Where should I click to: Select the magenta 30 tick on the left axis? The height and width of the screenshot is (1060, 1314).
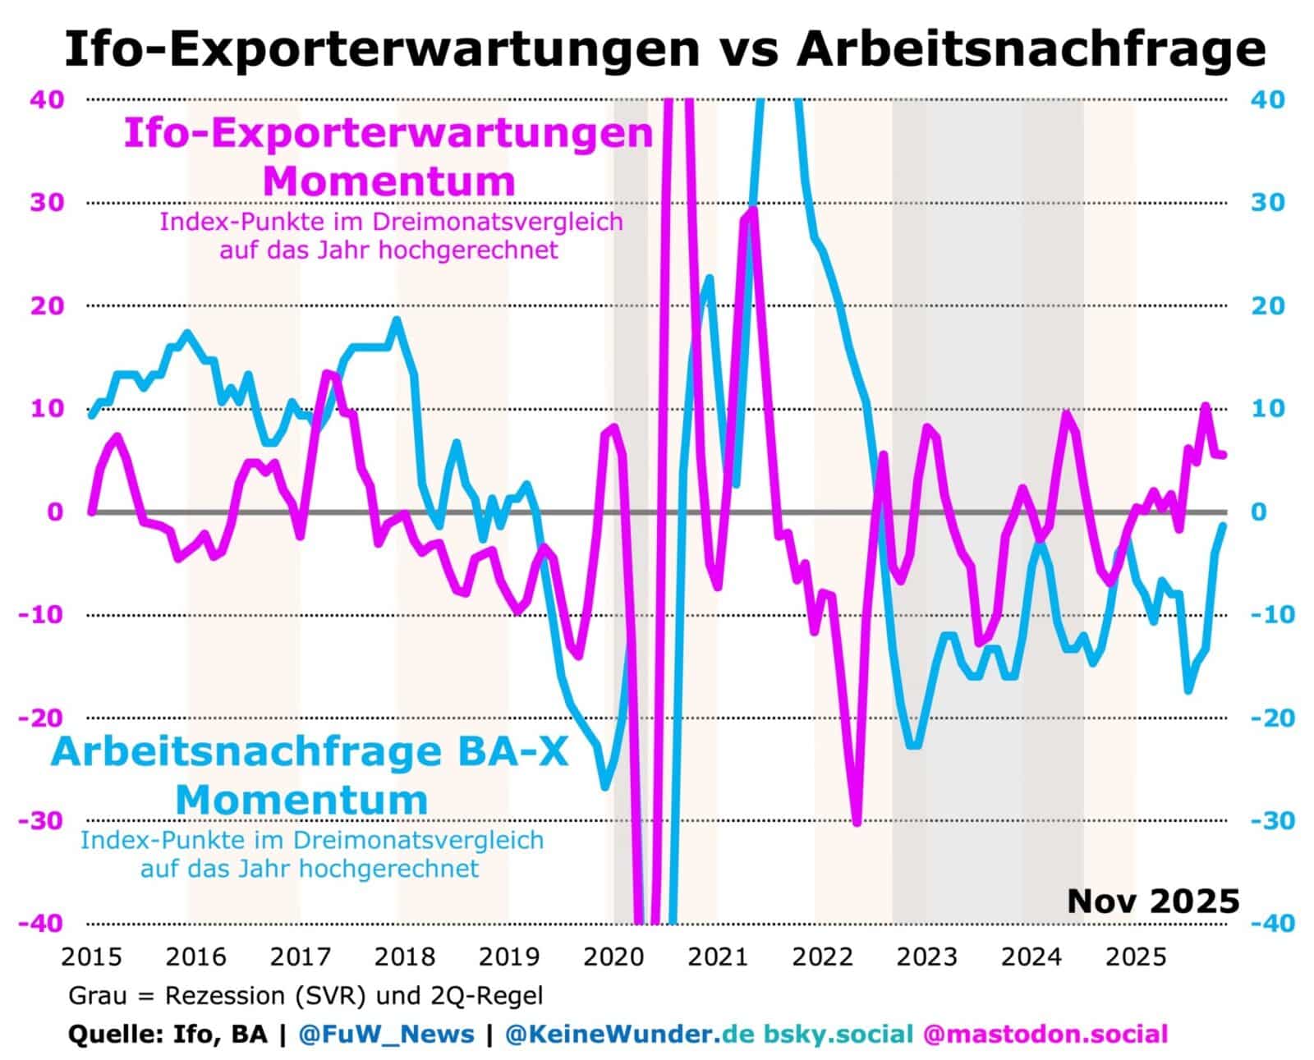[46, 202]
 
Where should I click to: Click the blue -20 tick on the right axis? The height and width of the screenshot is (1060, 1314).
[1272, 718]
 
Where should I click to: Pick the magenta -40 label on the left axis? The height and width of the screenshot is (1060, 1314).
[41, 923]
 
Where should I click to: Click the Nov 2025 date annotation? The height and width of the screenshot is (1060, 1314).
[1152, 901]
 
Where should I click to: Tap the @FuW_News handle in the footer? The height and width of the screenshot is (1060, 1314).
[386, 1033]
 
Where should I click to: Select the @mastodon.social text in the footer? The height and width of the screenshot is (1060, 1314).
[1045, 1033]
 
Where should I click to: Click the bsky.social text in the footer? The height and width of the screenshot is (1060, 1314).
[838, 1033]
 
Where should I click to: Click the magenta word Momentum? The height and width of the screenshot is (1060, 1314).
[389, 181]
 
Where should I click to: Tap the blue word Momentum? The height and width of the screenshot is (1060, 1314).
[302, 799]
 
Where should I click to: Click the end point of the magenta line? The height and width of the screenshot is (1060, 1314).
[1224, 455]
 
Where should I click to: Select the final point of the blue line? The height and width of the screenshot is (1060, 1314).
[1224, 525]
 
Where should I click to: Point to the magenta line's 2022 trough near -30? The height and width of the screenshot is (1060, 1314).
[857, 822]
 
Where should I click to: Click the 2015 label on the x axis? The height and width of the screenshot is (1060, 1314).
[91, 957]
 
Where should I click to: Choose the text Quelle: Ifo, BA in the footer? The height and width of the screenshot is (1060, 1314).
[168, 1033]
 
